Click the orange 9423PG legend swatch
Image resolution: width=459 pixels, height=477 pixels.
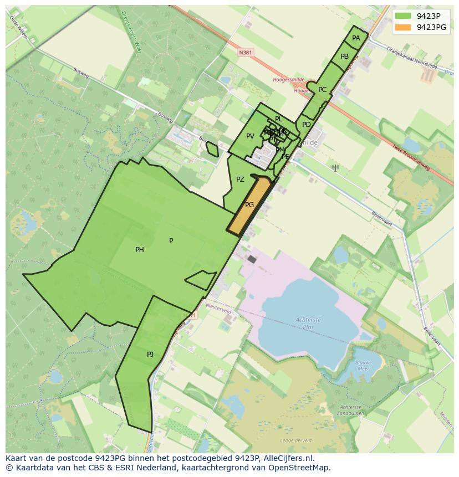tap(404, 27)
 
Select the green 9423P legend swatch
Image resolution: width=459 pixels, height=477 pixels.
tap(404, 16)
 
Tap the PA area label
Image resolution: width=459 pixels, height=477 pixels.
tap(356, 38)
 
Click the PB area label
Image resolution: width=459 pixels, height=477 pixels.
tap(344, 57)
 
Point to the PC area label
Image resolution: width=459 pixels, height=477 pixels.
tap(322, 90)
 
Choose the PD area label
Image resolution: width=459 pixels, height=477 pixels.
tap(307, 125)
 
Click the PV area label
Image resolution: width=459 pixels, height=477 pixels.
tap(250, 136)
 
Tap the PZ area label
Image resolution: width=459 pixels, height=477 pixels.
tap(240, 179)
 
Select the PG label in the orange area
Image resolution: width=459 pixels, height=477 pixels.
tap(249, 205)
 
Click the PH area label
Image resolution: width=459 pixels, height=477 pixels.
tap(140, 250)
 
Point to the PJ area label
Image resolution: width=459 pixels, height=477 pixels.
tap(150, 355)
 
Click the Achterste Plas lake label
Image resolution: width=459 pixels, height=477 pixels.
tap(308, 323)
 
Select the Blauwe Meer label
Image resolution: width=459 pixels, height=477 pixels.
tap(363, 365)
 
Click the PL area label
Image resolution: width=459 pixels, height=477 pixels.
tap(278, 119)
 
